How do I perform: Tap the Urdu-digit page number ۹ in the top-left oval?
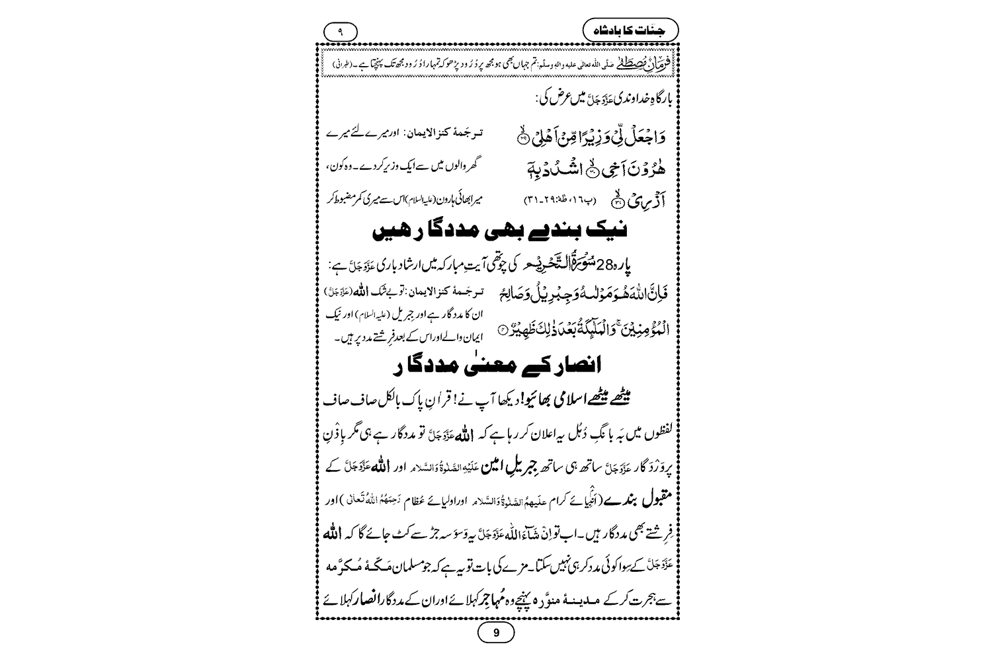pyautogui.click(x=341, y=30)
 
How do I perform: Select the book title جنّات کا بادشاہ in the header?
pyautogui.click(x=631, y=30)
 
